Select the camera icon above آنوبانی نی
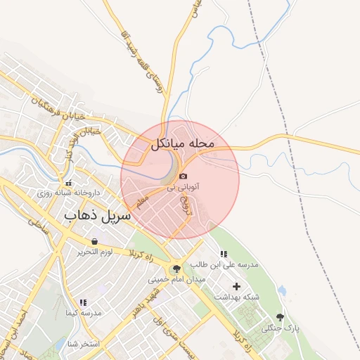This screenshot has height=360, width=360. pos(183,176)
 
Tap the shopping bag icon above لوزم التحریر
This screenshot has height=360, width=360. pos(94,241)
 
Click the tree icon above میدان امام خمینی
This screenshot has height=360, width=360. pos(176,268)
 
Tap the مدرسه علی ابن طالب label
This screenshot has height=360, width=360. pos(224,265)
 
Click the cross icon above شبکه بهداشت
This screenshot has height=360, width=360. pos(236,286)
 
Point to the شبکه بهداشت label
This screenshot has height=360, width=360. pos(237,297)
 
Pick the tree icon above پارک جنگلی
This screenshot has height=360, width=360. pos(281,317)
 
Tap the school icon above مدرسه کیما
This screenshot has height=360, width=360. pos(83,302)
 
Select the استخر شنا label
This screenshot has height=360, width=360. pos(84,345)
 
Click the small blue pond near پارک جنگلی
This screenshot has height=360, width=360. pos(282,290)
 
